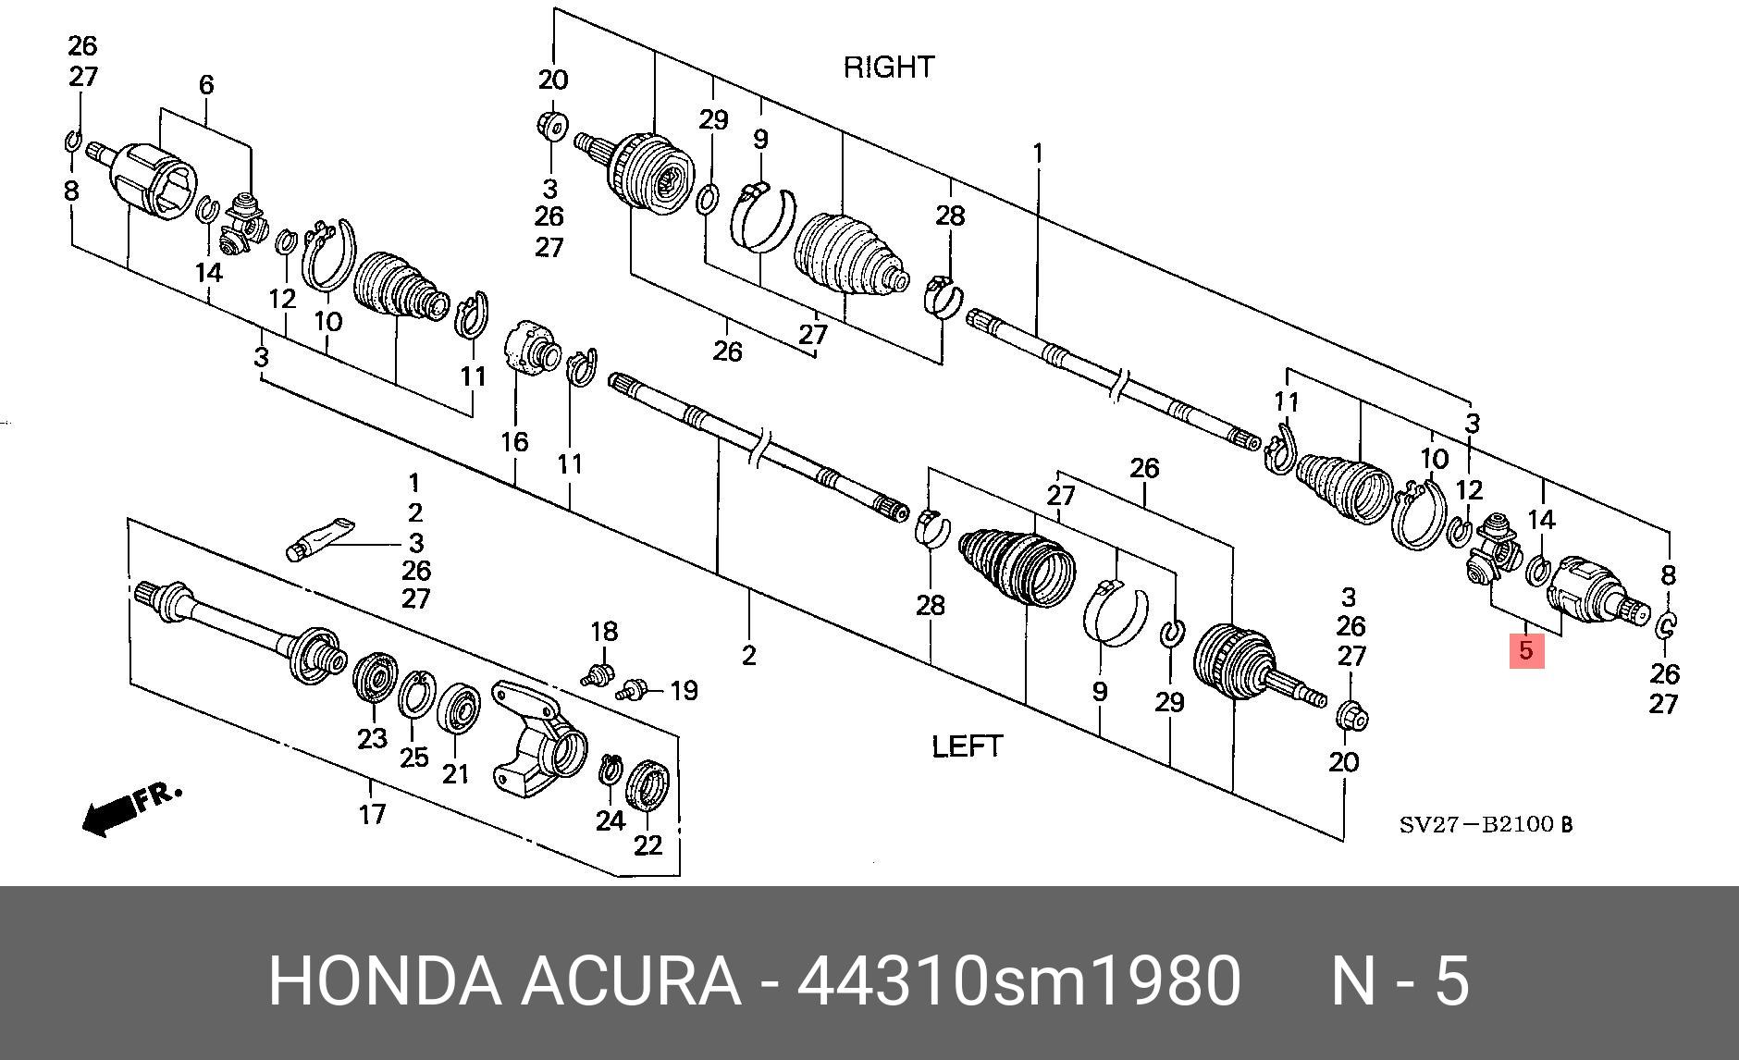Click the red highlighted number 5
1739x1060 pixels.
pos(1526,650)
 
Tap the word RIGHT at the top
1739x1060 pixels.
pos(889,67)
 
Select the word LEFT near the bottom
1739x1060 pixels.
pos(967,746)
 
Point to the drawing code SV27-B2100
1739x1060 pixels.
pos(1484,824)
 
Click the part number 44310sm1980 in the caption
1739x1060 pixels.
pos(1018,981)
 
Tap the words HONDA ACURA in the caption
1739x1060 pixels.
pos(504,981)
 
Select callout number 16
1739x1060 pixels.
pos(514,442)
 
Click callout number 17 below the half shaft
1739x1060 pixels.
pos(372,815)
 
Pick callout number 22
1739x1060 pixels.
pos(648,844)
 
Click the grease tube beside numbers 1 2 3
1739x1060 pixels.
pos(318,537)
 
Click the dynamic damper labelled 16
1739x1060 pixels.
pos(529,355)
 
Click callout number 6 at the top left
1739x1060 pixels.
pos(206,85)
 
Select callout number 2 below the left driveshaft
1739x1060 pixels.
pos(748,655)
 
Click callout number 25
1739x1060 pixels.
pos(413,757)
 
